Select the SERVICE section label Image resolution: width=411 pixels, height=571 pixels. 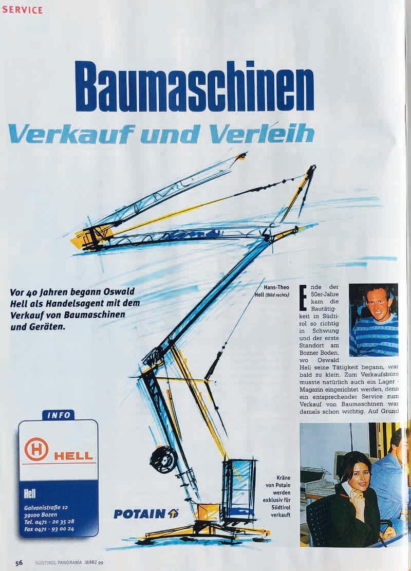(22, 10)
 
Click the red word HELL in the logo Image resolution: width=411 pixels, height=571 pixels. (73, 455)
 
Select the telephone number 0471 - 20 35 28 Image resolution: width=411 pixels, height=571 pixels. (55, 521)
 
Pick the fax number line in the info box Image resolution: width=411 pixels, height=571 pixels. (49, 528)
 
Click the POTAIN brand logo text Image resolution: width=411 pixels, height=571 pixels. (139, 513)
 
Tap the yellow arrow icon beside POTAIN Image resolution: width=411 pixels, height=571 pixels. (173, 513)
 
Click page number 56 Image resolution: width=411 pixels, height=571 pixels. (18, 562)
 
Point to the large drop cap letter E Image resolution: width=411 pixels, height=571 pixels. (303, 298)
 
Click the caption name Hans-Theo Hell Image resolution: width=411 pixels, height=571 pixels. (276, 291)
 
